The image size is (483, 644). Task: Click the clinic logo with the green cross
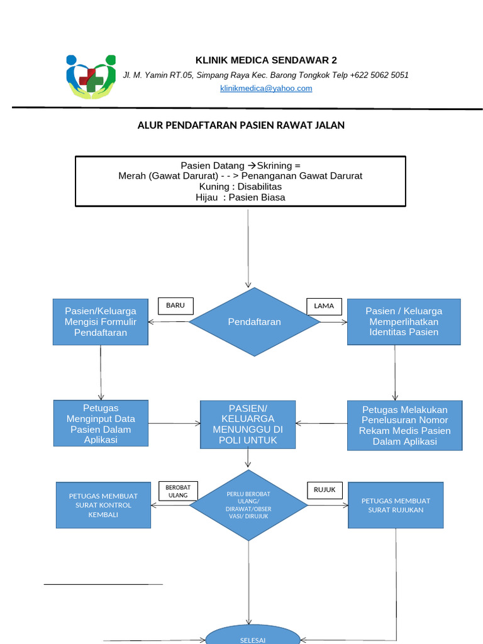click(91, 77)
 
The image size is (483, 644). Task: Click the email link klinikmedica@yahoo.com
click(266, 89)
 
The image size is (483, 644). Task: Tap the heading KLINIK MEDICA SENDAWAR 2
click(266, 60)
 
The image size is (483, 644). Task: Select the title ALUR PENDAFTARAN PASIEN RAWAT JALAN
click(241, 125)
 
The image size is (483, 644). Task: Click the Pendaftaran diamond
click(254, 322)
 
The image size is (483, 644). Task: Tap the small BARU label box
click(175, 306)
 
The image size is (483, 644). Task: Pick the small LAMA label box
click(324, 306)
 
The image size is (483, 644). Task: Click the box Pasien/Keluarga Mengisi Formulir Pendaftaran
click(101, 322)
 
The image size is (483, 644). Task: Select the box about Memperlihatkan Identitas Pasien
click(404, 321)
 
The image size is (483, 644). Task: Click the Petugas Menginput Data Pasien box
click(101, 423)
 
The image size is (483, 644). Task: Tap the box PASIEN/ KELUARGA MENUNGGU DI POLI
click(248, 425)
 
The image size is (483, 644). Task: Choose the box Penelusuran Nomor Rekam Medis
click(404, 425)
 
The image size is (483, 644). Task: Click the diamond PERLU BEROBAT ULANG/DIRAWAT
click(248, 505)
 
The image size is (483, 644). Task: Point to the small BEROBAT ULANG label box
click(178, 491)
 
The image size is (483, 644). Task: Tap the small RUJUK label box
click(325, 490)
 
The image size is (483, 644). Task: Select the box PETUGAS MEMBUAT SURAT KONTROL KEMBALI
click(103, 505)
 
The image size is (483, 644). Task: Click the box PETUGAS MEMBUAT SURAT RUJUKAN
click(396, 505)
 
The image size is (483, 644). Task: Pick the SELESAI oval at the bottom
click(253, 636)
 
